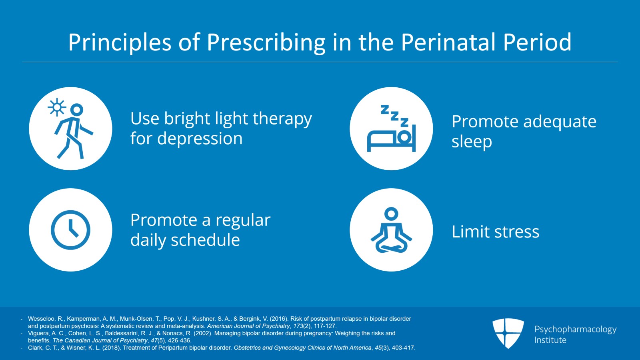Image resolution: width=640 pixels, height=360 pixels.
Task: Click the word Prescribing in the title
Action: click(266, 43)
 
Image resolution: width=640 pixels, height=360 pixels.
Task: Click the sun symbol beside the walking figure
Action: click(57, 107)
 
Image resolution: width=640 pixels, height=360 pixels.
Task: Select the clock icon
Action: click(70, 230)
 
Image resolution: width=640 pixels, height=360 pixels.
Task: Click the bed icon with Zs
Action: click(392, 129)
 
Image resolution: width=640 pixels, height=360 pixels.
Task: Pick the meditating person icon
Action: click(392, 230)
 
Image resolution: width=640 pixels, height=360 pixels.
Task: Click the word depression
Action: click(200, 139)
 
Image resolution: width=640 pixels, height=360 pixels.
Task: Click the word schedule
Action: click(205, 239)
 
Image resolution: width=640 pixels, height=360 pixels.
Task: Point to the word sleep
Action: click(472, 142)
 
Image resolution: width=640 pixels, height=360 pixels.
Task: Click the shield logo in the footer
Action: click(508, 333)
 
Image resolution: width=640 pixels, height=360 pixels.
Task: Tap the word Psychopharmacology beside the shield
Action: click(576, 330)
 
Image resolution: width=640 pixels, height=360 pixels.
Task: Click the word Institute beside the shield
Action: click(550, 340)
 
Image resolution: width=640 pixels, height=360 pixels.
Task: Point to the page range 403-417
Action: click(403, 348)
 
